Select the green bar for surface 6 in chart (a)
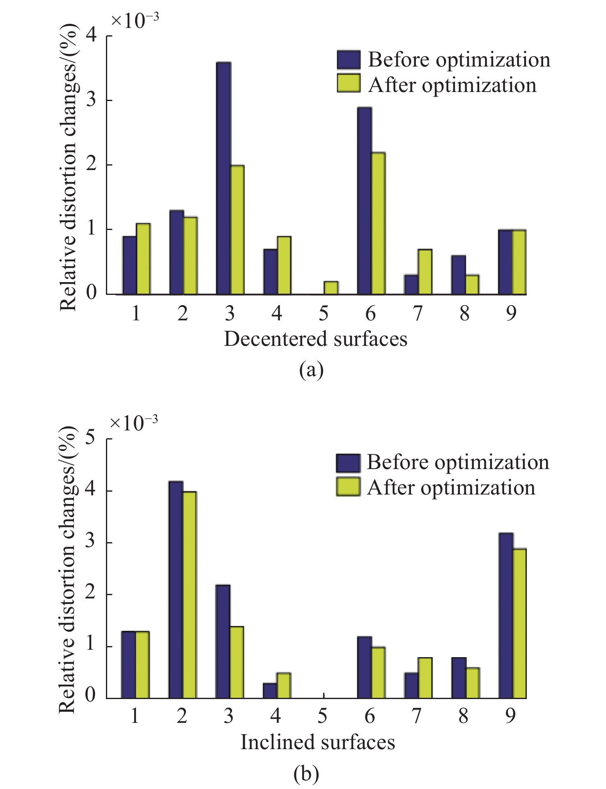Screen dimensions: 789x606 click(x=378, y=223)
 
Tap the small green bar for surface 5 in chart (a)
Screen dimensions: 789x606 click(x=331, y=288)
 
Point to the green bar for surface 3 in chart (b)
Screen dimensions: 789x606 click(x=236, y=662)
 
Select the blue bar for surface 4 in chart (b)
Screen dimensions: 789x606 click(x=270, y=690)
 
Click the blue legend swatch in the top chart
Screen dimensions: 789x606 click(x=349, y=59)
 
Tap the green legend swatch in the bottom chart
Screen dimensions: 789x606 click(x=348, y=488)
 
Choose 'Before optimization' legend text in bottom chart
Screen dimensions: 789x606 click(x=458, y=462)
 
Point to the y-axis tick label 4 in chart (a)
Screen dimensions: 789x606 click(x=92, y=36)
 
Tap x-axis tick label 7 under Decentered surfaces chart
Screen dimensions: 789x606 click(x=417, y=314)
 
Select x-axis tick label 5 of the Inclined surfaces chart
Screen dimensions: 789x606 click(x=323, y=716)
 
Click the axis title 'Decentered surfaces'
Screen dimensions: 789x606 click(x=315, y=339)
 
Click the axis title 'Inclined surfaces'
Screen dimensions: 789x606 click(x=317, y=742)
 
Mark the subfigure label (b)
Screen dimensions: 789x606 click(x=306, y=774)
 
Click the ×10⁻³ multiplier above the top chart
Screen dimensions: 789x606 click(x=135, y=21)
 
